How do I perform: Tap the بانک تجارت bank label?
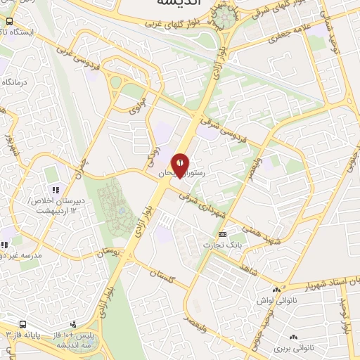(x=218, y=245)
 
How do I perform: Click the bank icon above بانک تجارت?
(x=223, y=234)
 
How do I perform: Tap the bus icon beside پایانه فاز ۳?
(x=23, y=325)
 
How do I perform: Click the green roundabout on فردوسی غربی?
(x=115, y=82)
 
